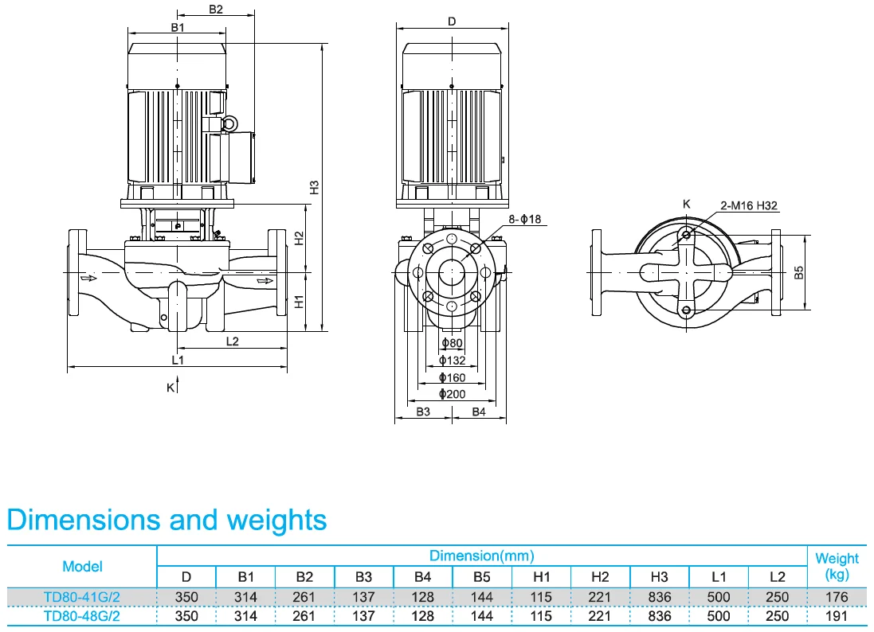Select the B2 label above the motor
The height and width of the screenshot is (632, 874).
point(215,10)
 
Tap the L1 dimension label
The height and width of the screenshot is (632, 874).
point(178,361)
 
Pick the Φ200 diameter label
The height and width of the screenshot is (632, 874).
point(452,394)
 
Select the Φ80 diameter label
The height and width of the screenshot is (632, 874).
point(452,343)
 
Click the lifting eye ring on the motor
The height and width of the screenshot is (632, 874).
point(229,123)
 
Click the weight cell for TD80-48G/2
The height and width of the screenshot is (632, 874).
point(837,616)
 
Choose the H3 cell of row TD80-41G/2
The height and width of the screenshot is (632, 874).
point(660,596)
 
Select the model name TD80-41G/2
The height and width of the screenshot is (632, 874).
point(82,596)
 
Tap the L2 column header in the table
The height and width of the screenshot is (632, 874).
point(778,576)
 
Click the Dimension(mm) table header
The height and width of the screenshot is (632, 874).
point(481,556)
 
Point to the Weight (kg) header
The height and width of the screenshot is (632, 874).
point(837,566)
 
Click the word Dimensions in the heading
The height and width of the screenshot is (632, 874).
point(81,520)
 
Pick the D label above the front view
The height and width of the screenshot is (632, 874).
point(452,21)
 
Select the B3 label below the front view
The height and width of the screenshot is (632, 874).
point(423,412)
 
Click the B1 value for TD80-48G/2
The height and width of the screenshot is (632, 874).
point(245,616)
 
